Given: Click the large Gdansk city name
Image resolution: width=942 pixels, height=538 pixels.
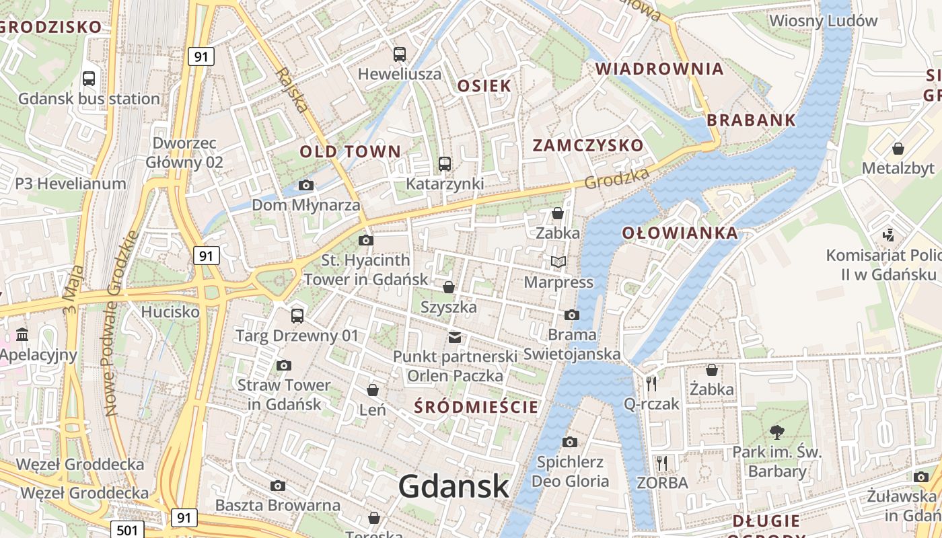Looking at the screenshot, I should pos(453,486).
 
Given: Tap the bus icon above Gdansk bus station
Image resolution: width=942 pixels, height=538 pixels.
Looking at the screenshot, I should pos(89,79).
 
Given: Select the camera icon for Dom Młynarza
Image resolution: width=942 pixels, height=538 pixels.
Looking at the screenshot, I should pos(306,185).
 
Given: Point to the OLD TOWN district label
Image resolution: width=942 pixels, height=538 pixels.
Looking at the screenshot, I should pos(350,151).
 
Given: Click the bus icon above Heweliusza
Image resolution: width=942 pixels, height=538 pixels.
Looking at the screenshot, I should pos(400,54).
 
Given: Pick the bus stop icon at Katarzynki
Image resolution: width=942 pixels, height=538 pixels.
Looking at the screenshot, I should pos(444,163).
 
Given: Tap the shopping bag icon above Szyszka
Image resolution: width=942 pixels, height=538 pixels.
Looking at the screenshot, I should pos(449,287).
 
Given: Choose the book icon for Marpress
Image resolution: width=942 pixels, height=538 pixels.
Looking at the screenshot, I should pos(558,262).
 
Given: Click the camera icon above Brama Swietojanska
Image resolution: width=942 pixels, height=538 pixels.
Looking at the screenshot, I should pos(571,315).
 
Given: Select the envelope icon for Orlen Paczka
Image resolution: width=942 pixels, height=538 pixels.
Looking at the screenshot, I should pos(455,337).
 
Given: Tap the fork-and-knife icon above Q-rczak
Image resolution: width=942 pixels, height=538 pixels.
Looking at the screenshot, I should pos(651,384).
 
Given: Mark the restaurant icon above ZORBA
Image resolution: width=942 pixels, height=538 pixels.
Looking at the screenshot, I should pos(662,463).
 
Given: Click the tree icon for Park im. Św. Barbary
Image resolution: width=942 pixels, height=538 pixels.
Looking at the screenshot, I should pos(777,432).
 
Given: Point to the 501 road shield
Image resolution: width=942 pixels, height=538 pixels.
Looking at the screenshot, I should pos(126,530).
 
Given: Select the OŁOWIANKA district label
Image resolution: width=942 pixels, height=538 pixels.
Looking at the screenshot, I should pos(680,233).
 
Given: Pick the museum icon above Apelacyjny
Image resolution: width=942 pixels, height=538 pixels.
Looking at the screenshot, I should pos(22,334).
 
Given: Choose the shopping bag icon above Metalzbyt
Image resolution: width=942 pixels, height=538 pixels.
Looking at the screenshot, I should pos(898,148).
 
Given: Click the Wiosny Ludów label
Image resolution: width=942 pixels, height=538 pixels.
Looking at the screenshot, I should pos(823,20).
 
